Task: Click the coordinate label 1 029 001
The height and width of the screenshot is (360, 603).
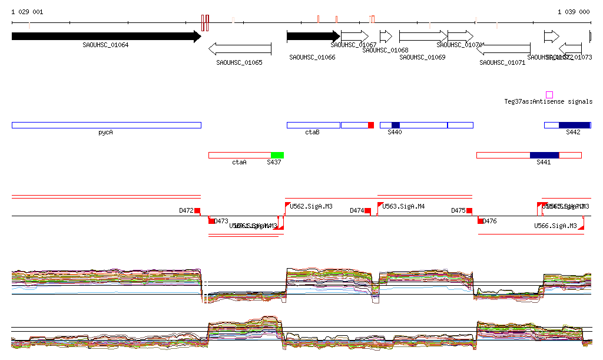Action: pos(27,12)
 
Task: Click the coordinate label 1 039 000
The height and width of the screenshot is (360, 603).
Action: pos(574,12)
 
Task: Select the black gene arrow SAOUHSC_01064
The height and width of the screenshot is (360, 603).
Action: pos(106,37)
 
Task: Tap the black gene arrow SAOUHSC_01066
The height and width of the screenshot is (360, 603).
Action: pos(313,37)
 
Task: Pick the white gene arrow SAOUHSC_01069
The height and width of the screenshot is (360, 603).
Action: pos(423,37)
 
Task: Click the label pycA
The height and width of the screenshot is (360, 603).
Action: pos(105,133)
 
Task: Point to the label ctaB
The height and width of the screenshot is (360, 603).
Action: pos(312,133)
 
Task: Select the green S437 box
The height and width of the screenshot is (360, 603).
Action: pos(277,155)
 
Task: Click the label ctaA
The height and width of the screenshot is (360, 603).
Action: pos(239,162)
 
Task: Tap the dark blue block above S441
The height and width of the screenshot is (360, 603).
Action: pos(544,155)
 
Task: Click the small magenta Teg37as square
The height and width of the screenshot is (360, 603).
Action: pos(549,95)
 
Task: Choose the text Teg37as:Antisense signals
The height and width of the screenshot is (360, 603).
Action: pos(548,102)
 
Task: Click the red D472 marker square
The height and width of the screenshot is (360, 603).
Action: pos(197,210)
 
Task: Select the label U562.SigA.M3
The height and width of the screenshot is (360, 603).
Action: pos(311,207)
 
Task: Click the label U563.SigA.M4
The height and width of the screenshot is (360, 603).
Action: pos(404,207)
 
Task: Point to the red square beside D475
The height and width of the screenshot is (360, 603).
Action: pos(469,210)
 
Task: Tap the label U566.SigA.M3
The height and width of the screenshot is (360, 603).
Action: pos(555,226)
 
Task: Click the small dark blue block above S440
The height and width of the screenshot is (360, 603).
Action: pos(396,125)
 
